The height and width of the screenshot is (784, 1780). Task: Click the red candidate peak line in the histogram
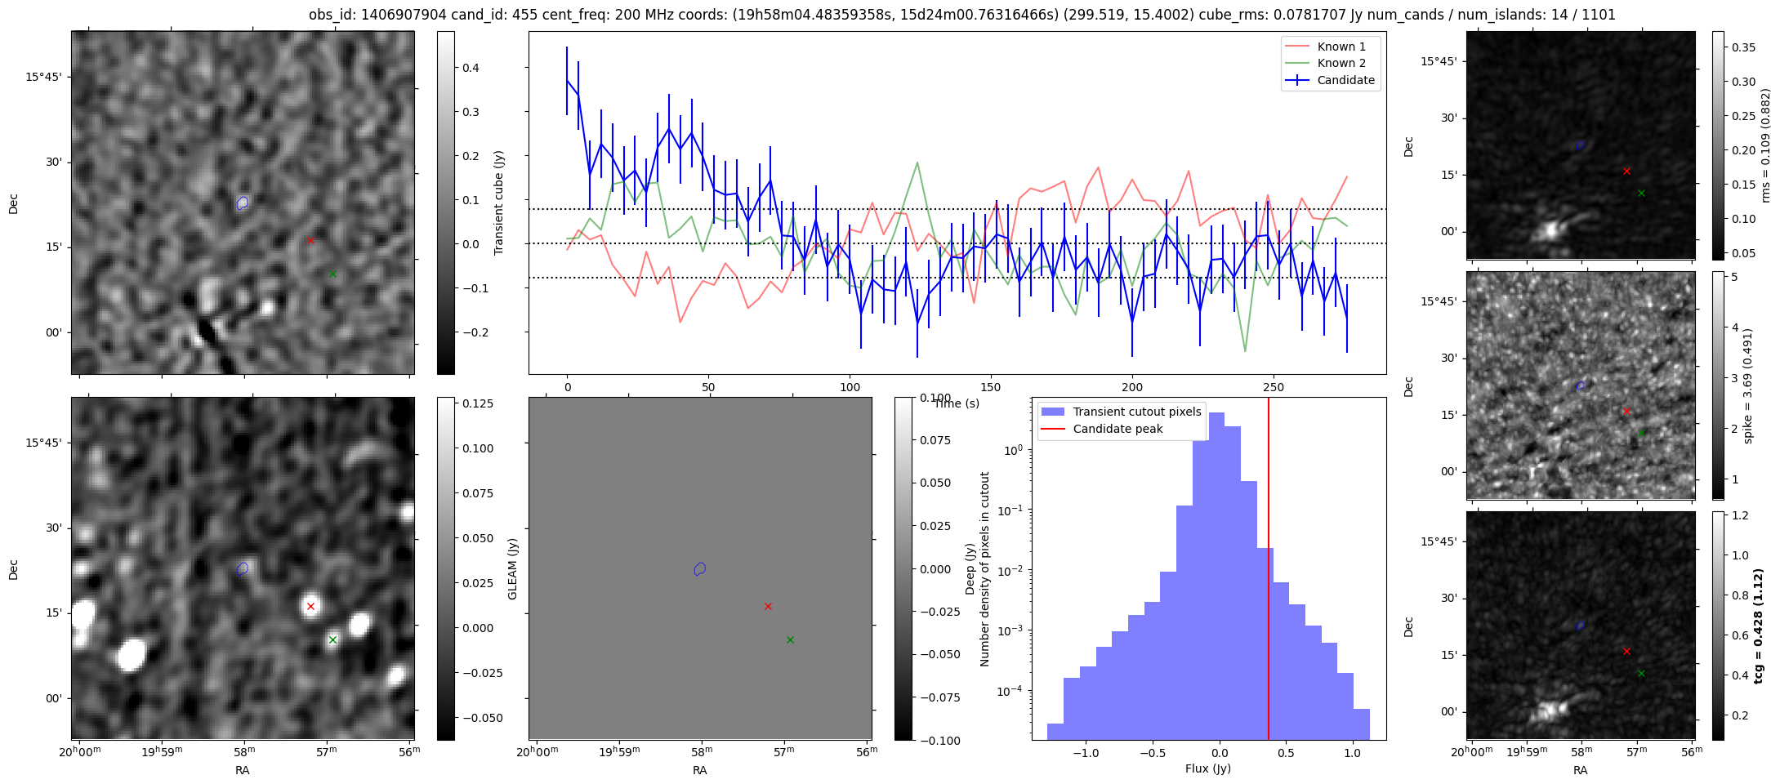click(x=1269, y=572)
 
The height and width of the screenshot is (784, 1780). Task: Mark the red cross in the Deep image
click(x=310, y=606)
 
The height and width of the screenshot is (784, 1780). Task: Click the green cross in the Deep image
click(x=332, y=639)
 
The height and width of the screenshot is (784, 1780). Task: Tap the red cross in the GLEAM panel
click(x=768, y=606)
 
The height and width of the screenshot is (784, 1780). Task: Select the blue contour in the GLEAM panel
click(x=699, y=568)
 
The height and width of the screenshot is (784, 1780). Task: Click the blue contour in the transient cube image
click(x=242, y=203)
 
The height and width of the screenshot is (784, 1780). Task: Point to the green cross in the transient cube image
click(x=332, y=274)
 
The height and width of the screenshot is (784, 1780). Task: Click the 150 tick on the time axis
click(x=990, y=387)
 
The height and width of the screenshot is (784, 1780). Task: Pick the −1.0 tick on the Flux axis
click(x=1086, y=753)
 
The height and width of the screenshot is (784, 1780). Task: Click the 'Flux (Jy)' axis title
click(x=1207, y=768)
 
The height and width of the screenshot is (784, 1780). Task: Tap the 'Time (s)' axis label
click(x=957, y=403)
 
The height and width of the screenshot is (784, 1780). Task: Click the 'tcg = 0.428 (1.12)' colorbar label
click(x=1758, y=626)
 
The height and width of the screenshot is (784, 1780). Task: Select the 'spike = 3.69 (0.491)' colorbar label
click(x=1748, y=385)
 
